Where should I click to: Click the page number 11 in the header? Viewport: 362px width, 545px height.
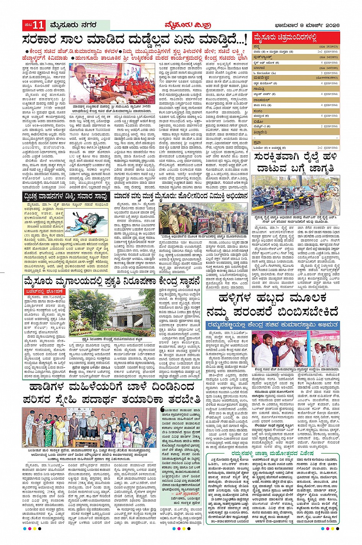click(x=39, y=26)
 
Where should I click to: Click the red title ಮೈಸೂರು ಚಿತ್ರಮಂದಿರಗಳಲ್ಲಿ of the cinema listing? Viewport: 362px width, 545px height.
click(x=285, y=38)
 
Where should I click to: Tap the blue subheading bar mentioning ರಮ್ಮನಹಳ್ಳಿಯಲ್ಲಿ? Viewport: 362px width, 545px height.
click(x=272, y=325)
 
